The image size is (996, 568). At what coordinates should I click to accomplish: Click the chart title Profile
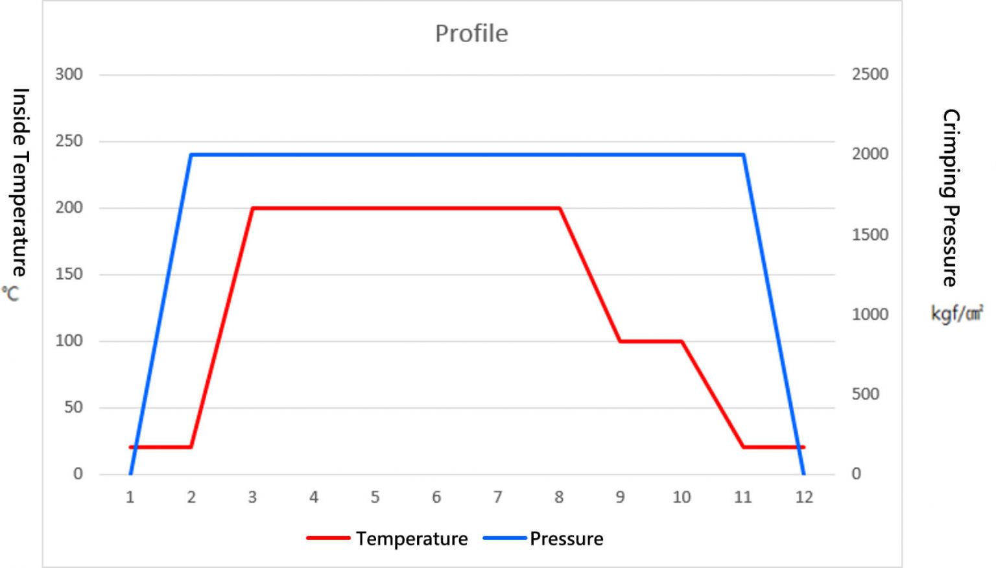(x=471, y=34)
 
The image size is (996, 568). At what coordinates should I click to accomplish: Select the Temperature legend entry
(x=411, y=539)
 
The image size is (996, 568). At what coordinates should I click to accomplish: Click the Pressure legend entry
(x=566, y=539)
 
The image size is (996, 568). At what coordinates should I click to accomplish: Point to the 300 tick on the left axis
(x=69, y=75)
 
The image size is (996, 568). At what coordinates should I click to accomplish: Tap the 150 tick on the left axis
(x=69, y=274)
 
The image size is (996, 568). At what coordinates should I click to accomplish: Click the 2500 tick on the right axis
(x=870, y=75)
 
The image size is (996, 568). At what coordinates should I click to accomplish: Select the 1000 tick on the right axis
(x=870, y=314)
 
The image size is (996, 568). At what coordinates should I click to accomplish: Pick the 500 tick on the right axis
(x=865, y=394)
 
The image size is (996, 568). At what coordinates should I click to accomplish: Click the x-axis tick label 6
(x=436, y=497)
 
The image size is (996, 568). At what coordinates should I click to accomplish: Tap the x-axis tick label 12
(x=804, y=497)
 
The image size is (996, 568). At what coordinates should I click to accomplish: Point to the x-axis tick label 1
(x=130, y=497)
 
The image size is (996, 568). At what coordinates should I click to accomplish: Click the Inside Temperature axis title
(x=20, y=182)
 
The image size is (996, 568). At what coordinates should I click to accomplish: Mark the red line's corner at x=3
(x=253, y=208)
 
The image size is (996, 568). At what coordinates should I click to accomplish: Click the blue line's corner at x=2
(x=191, y=154)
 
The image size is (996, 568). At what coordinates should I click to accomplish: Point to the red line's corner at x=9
(x=621, y=341)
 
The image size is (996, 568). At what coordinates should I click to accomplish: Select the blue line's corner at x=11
(x=742, y=154)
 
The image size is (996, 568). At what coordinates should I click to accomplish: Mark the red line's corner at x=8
(x=559, y=208)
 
